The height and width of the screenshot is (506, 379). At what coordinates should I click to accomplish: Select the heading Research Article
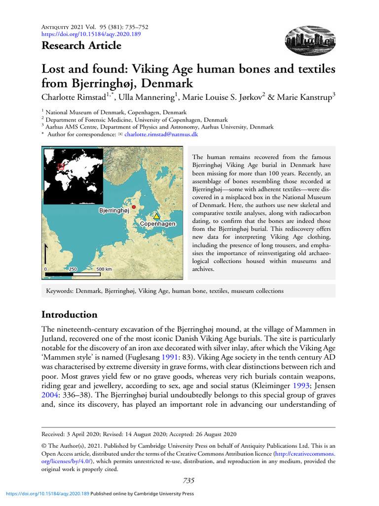click(x=81, y=46)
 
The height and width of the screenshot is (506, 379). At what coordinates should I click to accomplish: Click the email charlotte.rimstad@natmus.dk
click(x=161, y=134)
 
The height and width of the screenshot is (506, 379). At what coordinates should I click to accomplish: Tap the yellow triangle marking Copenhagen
click(x=156, y=216)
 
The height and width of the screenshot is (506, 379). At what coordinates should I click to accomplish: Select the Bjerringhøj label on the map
click(x=114, y=211)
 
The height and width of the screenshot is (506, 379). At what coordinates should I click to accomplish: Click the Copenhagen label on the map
click(x=157, y=224)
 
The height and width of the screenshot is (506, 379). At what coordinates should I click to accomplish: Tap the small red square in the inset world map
click(x=61, y=167)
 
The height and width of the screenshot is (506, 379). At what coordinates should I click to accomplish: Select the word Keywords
click(x=59, y=291)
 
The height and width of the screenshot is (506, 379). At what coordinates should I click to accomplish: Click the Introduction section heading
click(x=69, y=315)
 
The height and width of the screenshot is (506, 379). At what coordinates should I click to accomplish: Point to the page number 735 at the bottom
click(x=189, y=480)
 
